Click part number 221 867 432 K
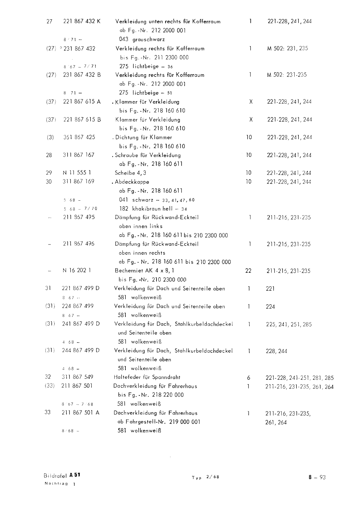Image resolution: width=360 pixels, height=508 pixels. coord(82,22)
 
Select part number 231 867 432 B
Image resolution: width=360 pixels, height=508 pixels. coord(82,75)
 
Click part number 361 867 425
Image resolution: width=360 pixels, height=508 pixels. coord(79,137)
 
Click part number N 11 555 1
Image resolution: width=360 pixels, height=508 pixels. coord(77,173)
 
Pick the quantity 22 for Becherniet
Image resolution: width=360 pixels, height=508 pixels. coord(248,271)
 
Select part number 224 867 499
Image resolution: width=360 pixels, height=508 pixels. coord(77,306)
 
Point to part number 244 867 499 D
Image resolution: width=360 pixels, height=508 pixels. coord(81,351)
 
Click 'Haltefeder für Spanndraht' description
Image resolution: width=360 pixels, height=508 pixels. coord(147,377)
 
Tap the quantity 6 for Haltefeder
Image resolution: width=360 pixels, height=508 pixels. coord(249,378)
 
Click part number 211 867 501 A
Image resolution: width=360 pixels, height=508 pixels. coord(80,413)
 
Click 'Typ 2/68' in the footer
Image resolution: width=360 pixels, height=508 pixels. coord(205,477)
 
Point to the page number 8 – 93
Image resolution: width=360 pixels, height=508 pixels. coord(317,477)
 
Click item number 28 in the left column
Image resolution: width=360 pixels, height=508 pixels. coord(49,155)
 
